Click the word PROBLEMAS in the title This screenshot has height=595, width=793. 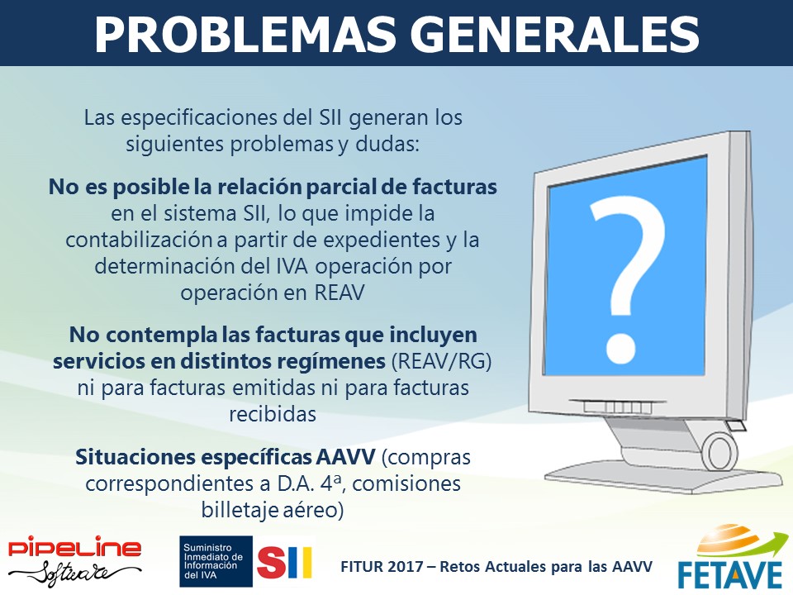coord(245,35)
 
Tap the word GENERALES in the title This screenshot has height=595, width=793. coord(555,35)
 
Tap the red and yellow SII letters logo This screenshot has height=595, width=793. coord(285,562)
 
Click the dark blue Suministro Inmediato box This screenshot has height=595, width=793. coord(216,561)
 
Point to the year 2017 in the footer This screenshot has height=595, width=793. coord(405,566)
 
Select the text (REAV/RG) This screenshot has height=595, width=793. coord(441,361)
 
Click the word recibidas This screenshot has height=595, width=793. coord(273,414)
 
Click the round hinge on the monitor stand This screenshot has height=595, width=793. coord(720,450)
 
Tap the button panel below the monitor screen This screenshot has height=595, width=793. coord(618,407)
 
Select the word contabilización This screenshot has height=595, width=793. coord(139,240)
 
